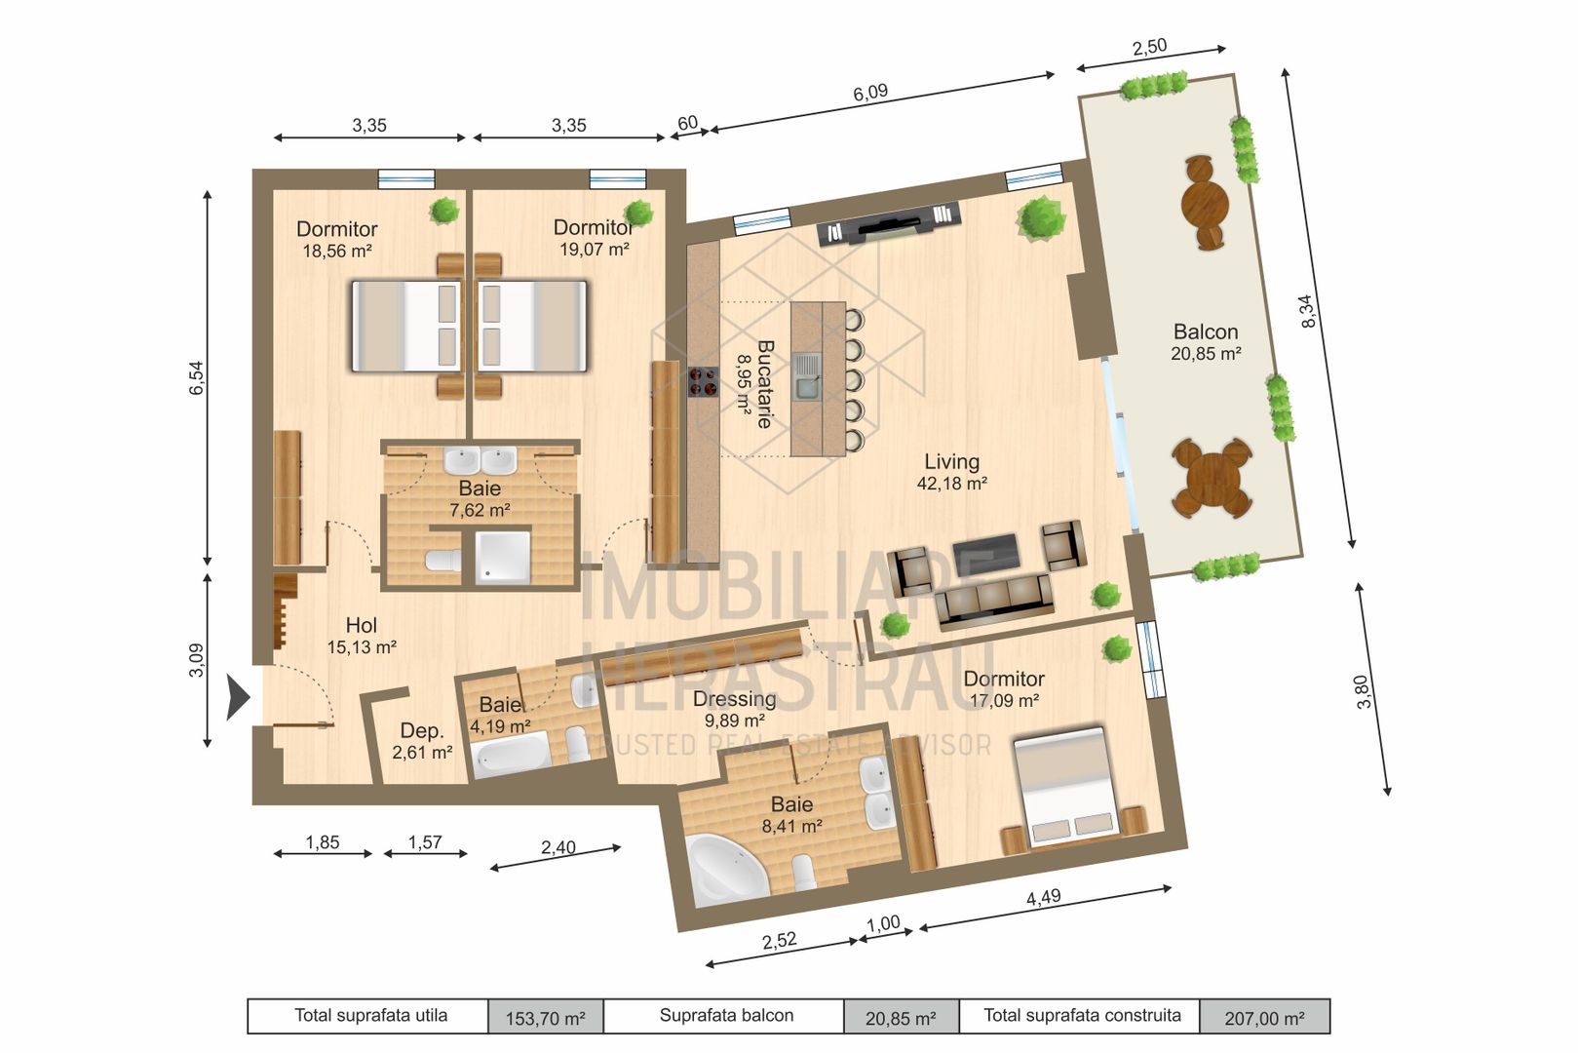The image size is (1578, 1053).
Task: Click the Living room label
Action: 951,461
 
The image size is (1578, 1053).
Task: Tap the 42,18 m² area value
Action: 951,484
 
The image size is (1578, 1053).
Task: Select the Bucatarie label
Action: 765,384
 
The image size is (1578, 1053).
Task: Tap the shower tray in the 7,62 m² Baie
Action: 503,558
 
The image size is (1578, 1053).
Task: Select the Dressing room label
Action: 734,699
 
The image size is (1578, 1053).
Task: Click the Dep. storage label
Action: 421,731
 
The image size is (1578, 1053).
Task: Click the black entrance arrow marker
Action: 237,697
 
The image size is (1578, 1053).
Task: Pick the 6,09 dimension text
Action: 870,93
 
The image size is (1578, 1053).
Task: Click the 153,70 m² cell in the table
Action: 545,1018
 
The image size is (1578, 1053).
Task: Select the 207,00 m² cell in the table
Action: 1264,1018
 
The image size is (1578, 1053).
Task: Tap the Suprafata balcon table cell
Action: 726,1016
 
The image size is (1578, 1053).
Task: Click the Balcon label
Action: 1205,331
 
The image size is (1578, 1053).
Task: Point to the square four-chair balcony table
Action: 1212,479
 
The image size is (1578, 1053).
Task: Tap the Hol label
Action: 361,625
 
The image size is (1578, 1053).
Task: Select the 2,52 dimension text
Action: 779,941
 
